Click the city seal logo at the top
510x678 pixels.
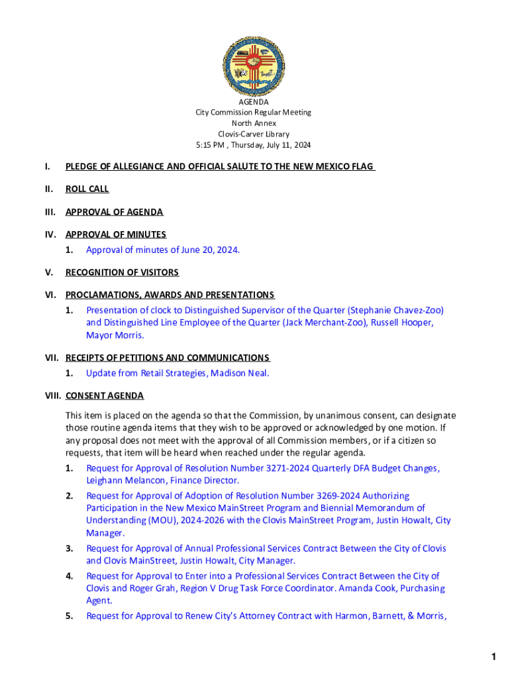[254, 64]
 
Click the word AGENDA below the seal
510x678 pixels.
[254, 102]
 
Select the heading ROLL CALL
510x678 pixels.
[87, 189]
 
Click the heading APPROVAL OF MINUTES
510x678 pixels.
[116, 234]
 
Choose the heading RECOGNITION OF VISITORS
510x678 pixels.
[122, 272]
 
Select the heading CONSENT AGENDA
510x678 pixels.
[105, 396]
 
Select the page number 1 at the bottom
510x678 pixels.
[493, 657]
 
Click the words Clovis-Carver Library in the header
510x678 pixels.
[254, 134]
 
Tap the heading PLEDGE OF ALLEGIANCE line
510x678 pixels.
[219, 166]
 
